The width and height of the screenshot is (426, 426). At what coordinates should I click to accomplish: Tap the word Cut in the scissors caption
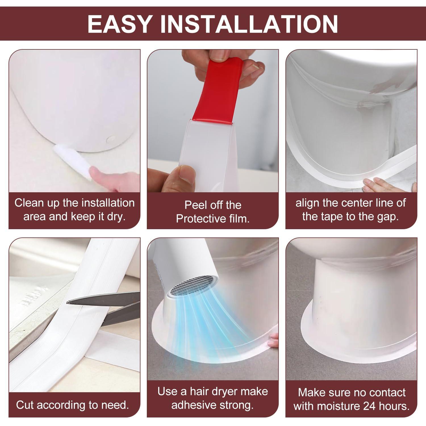[25, 405]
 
